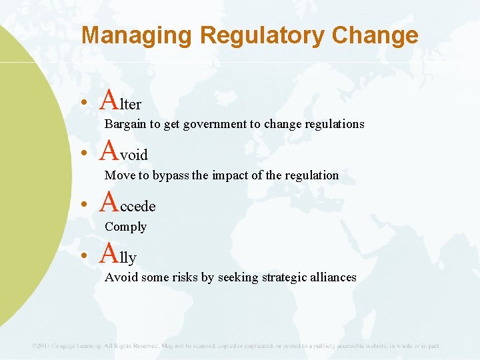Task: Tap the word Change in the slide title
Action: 377,35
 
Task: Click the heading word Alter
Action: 121,101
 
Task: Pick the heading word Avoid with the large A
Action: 124,153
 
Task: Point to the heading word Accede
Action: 128,204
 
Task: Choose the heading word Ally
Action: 119,255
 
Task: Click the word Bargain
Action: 125,124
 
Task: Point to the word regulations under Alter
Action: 333,124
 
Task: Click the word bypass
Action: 171,175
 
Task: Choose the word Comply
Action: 125,227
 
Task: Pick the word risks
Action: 183,277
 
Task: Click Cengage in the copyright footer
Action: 74,346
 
